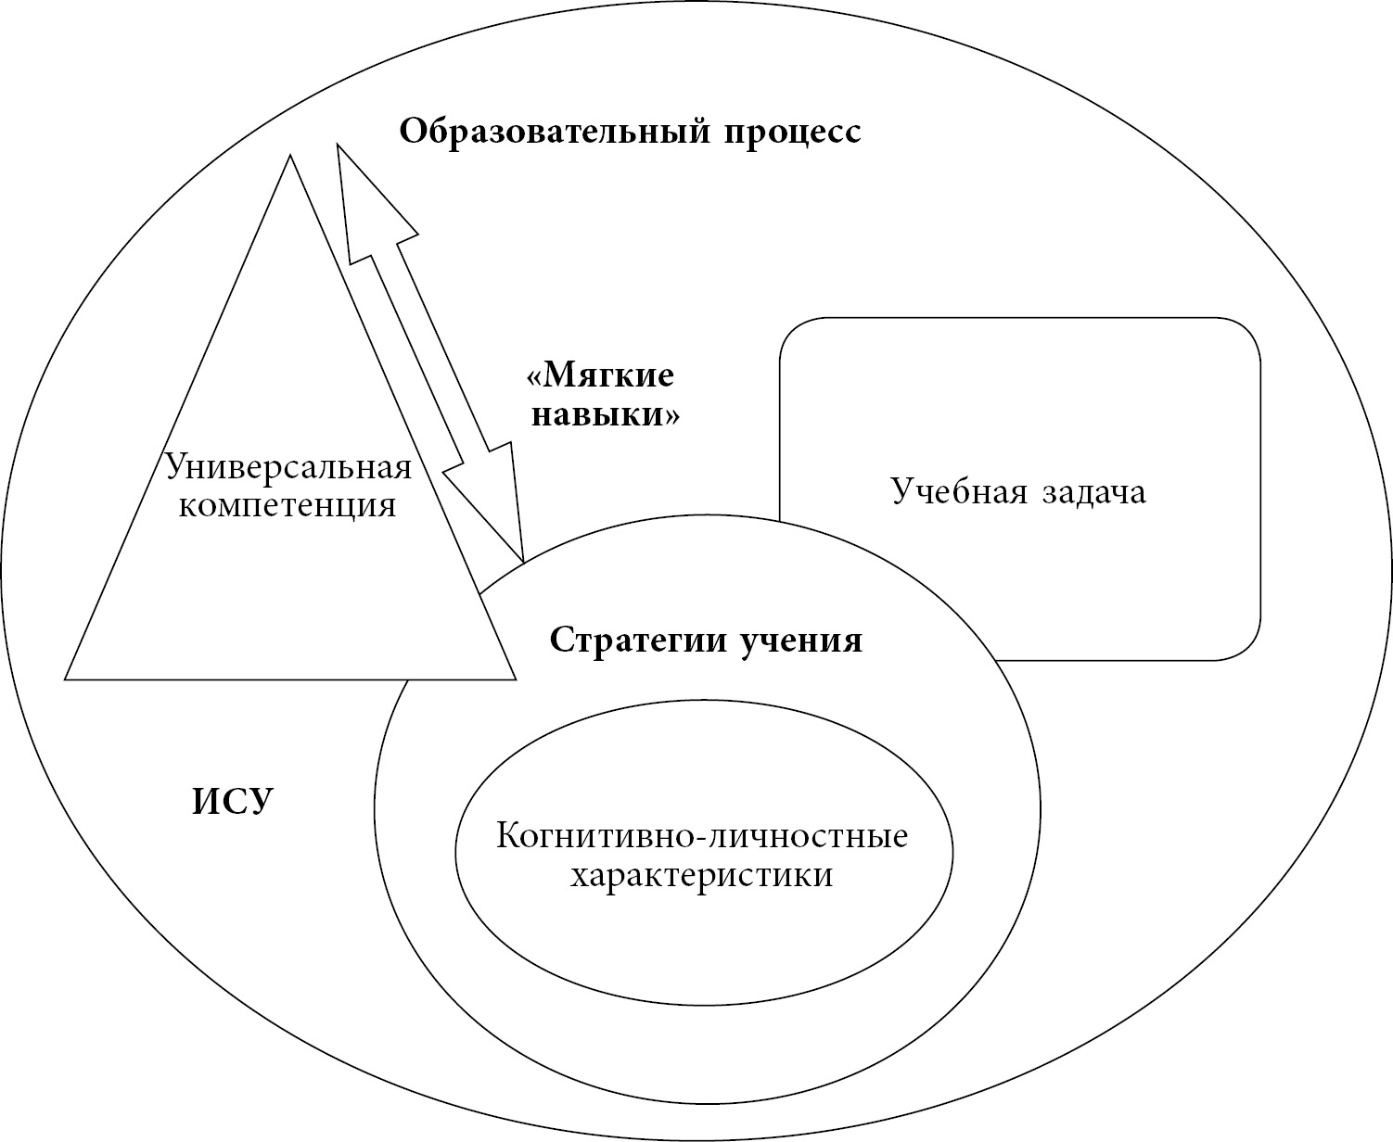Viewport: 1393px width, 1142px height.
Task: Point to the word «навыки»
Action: [605, 414]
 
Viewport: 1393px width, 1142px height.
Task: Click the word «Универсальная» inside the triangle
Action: [288, 465]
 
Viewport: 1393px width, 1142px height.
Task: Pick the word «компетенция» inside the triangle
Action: [288, 506]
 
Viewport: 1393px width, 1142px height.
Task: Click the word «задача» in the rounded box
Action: [1094, 491]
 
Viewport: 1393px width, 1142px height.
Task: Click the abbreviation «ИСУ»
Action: [234, 801]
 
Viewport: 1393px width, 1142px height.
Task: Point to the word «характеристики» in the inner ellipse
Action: [701, 875]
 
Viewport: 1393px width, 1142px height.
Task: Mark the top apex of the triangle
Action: [290, 158]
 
